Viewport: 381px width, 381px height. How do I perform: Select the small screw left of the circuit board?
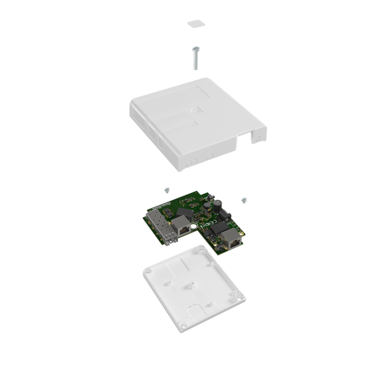166,189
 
